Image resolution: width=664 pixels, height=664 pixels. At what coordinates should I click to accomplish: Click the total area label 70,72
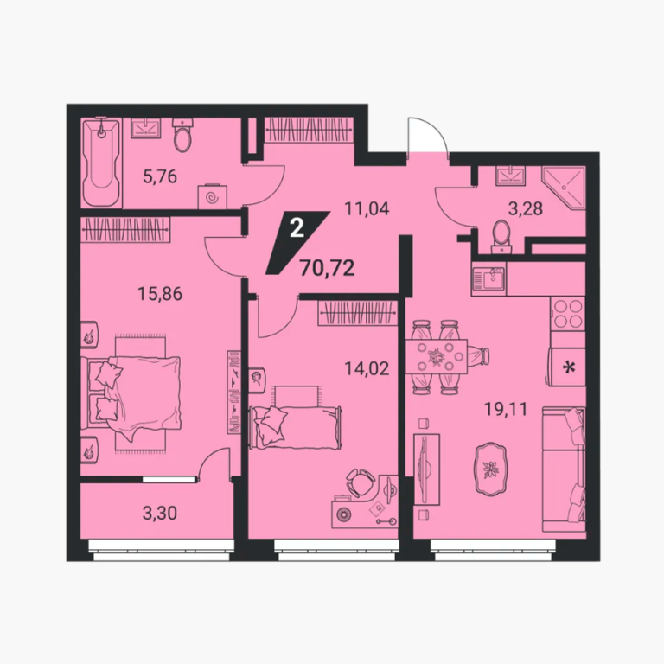[327, 268]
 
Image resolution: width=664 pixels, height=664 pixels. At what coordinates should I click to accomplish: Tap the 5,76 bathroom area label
[160, 176]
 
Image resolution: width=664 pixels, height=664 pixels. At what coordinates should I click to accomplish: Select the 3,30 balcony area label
[160, 514]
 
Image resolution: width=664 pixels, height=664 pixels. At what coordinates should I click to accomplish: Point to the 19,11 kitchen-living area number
[506, 410]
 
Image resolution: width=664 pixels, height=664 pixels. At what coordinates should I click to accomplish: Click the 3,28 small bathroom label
[526, 208]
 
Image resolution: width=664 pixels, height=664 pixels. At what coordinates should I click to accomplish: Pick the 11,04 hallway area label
[367, 208]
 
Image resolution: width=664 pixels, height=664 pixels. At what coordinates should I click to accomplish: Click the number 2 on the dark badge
[297, 228]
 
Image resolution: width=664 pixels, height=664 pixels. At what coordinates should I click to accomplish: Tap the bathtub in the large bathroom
[101, 163]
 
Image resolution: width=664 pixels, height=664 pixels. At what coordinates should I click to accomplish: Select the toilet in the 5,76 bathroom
[182, 135]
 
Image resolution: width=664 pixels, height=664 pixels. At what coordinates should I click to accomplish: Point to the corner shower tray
[564, 188]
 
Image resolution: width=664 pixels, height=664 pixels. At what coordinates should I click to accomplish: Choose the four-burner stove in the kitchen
[568, 314]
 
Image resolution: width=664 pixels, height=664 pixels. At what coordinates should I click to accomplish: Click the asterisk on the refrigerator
[569, 367]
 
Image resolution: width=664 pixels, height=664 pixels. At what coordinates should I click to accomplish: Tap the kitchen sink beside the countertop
[488, 279]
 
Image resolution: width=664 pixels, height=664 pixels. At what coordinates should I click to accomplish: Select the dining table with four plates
[437, 356]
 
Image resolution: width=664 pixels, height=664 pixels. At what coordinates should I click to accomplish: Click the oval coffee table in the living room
[491, 469]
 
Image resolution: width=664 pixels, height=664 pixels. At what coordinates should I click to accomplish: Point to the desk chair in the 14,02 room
[360, 482]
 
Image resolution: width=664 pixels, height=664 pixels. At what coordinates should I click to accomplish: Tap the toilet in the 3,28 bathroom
[502, 236]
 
